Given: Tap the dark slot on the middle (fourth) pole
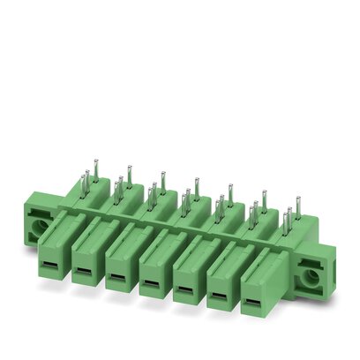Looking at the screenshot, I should (x=151, y=282).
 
